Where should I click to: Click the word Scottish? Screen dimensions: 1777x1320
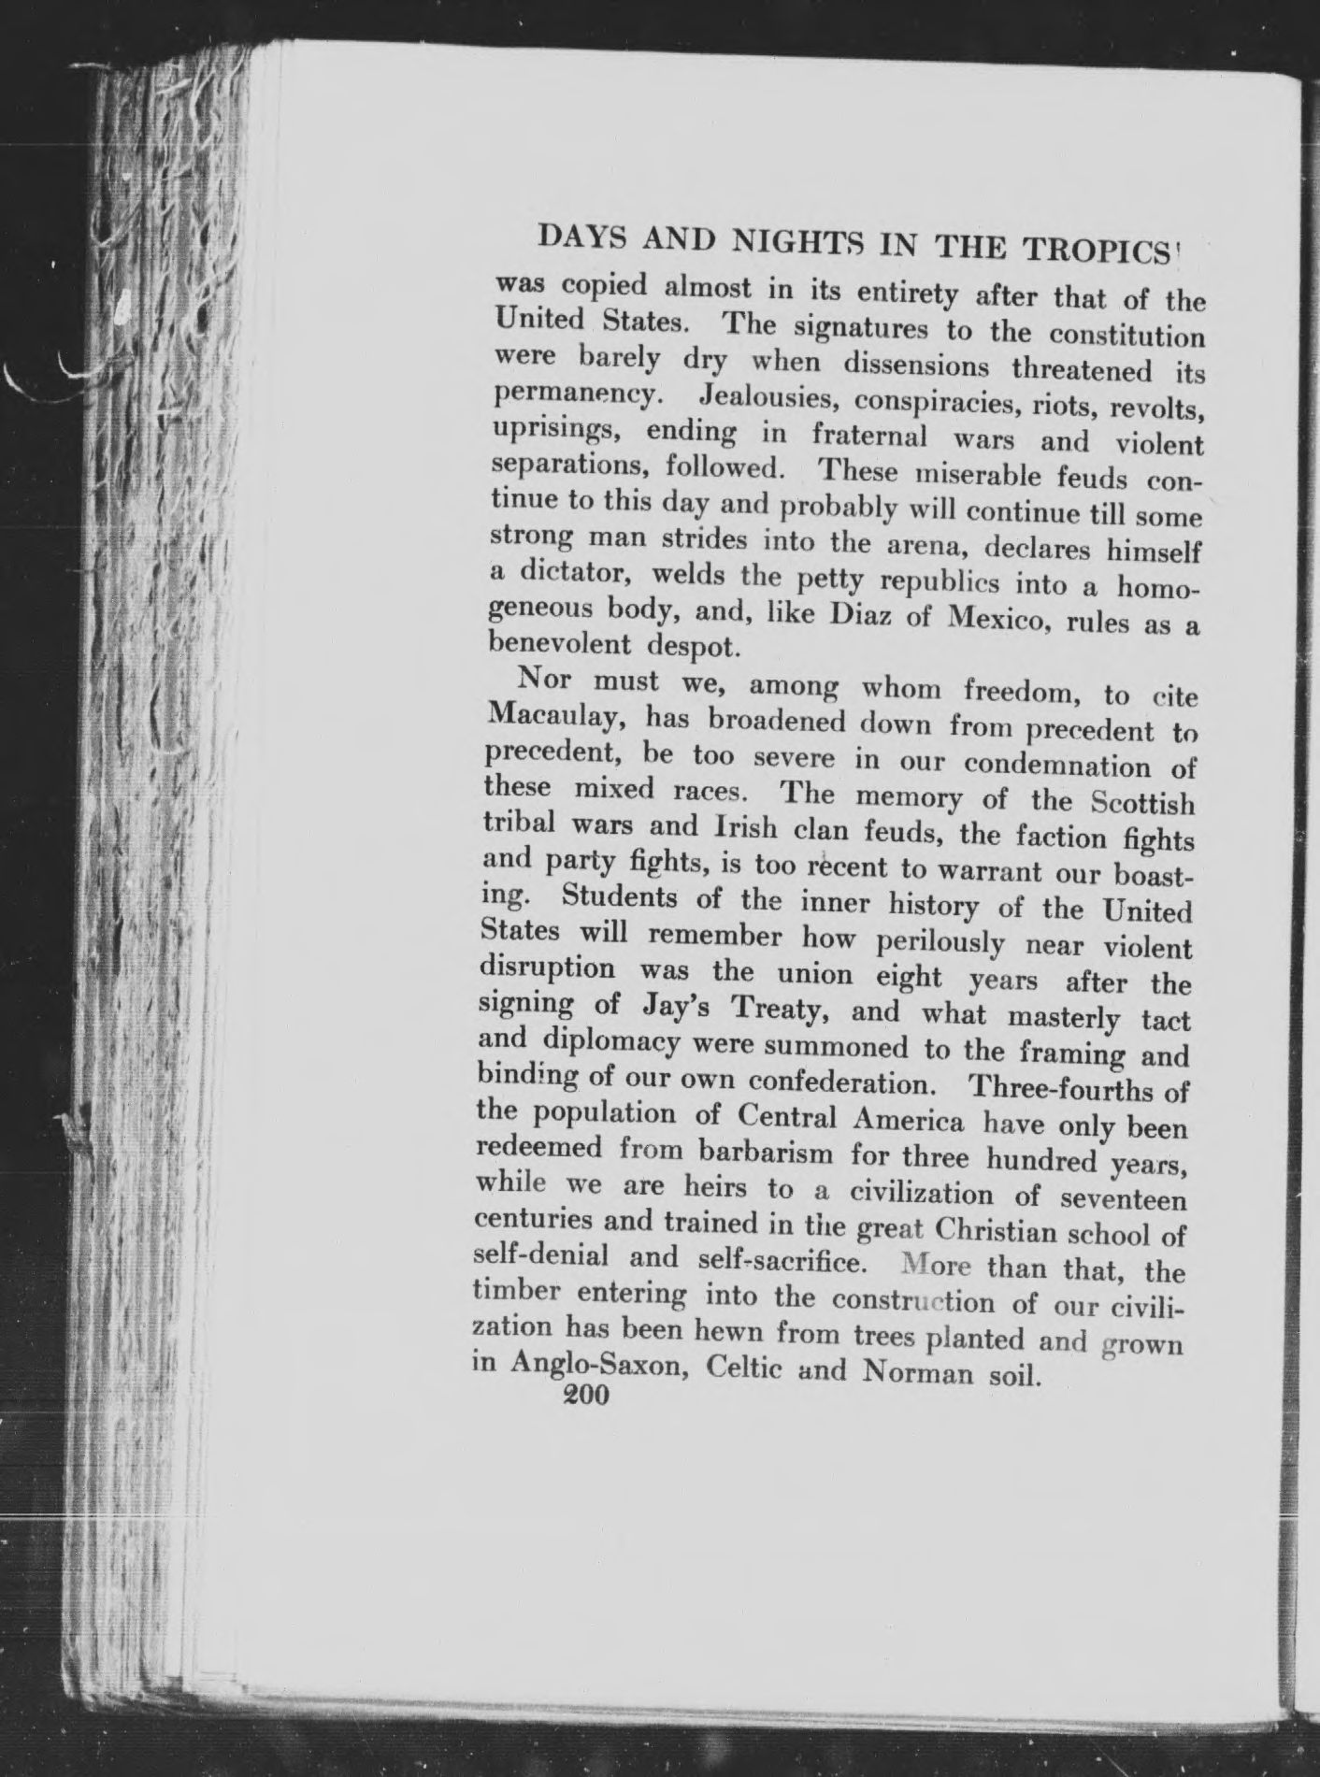1142,802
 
